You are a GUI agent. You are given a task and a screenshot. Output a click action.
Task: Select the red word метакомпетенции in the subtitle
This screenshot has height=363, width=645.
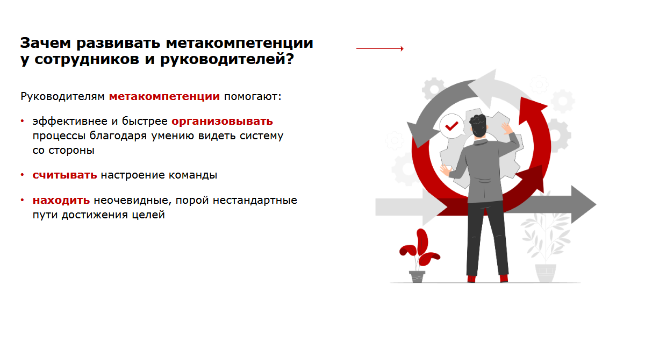pyautogui.click(x=164, y=97)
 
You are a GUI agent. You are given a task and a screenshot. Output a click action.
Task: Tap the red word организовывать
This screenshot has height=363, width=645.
pyautogui.click(x=222, y=121)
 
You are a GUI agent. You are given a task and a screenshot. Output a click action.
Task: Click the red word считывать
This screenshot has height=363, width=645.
pyautogui.click(x=64, y=175)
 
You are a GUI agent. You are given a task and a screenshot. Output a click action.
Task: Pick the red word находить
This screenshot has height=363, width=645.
pyautogui.click(x=61, y=201)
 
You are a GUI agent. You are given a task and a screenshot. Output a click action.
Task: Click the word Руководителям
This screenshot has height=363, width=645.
pyautogui.click(x=62, y=97)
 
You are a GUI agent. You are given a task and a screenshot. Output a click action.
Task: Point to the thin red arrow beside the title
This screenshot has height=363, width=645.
pyautogui.click(x=379, y=48)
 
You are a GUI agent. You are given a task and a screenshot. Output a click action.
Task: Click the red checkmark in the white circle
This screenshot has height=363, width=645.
pyautogui.click(x=451, y=126)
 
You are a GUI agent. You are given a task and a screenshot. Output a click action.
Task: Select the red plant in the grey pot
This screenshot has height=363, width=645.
pyautogui.click(x=419, y=250)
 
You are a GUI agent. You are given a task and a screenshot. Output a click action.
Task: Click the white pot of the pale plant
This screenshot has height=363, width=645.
pyautogui.click(x=546, y=273)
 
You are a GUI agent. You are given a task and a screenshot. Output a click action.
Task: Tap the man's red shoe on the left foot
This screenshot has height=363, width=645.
pyautogui.click(x=471, y=278)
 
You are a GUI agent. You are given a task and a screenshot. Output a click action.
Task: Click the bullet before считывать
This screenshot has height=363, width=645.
pyautogui.click(x=23, y=175)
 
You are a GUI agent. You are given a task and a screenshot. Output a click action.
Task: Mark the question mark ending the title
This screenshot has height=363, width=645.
pyautogui.click(x=289, y=60)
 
